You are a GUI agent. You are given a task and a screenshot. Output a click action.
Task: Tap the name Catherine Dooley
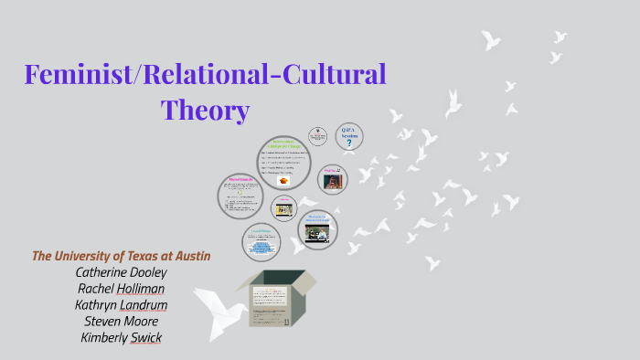tap(122, 272)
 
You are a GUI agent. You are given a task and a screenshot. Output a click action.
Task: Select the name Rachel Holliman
tap(122, 289)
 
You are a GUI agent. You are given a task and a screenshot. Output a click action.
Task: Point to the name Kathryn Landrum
tap(122, 305)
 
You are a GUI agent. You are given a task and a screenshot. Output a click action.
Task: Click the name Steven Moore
tap(122, 322)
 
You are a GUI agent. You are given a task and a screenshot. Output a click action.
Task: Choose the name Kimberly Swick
tap(122, 338)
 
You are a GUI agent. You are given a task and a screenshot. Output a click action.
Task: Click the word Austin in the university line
tap(188, 256)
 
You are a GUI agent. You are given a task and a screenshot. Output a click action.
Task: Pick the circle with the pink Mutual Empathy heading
tap(240, 195)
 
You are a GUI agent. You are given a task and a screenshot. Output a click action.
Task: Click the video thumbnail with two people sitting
tap(319, 234)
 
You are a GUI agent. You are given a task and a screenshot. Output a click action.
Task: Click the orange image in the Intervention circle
tap(283, 180)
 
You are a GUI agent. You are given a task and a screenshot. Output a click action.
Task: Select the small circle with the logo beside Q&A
tap(318, 135)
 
